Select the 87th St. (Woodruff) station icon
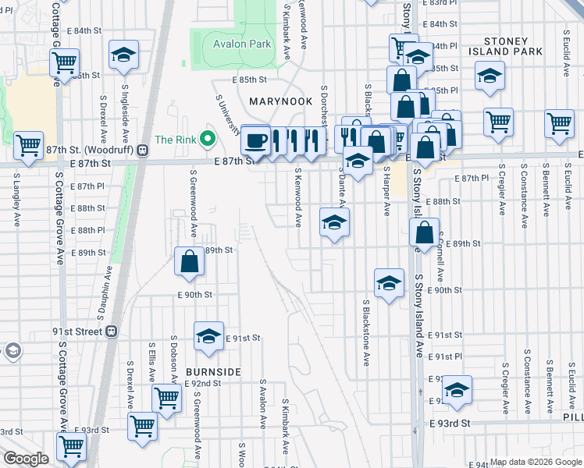[x=143, y=150]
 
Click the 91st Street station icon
[x=112, y=331]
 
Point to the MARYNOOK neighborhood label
[x=281, y=102]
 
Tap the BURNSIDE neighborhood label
[x=213, y=371]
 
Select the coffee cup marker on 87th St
[x=256, y=140]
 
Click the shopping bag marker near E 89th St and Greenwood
[x=191, y=262]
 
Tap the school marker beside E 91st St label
[x=208, y=336]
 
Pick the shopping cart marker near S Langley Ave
[x=28, y=144]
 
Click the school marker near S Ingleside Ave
[x=124, y=55]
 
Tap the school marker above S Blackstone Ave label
[x=389, y=284]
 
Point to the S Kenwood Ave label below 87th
[x=297, y=201]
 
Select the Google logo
[x=26, y=459]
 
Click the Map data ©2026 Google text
[x=535, y=462]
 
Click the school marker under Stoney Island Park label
[x=490, y=76]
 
